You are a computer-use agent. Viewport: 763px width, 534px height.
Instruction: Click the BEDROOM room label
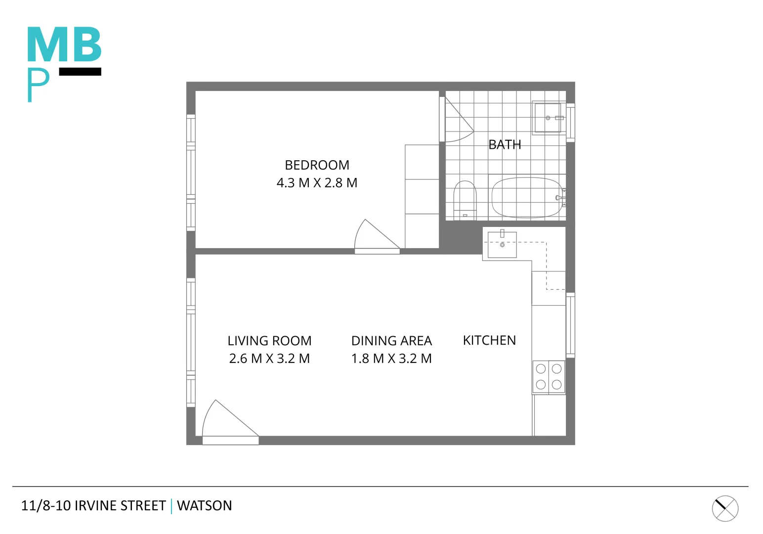[x=317, y=165]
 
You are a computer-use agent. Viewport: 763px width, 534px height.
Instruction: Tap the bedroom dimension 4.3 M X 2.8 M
[x=317, y=182]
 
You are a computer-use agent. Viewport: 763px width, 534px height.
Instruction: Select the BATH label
[x=505, y=144]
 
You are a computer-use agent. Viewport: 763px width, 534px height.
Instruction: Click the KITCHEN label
[x=489, y=340]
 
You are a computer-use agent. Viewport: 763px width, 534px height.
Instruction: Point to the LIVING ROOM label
[x=269, y=341]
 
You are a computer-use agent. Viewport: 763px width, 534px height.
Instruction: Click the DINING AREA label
[x=391, y=341]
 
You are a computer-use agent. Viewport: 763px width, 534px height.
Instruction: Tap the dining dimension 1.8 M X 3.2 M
[x=391, y=358]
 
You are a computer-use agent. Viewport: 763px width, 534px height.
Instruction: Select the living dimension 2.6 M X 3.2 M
[x=269, y=358]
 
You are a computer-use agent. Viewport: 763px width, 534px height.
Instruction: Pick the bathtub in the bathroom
[x=527, y=197]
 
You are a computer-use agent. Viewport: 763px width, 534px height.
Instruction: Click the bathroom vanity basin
[x=548, y=118]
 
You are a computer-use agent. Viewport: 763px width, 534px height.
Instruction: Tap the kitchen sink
[x=502, y=245]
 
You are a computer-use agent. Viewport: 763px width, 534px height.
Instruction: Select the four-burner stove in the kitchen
[x=549, y=377]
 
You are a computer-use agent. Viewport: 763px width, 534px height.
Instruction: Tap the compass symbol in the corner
[x=725, y=508]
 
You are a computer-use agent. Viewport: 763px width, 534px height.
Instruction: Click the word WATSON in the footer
[x=204, y=505]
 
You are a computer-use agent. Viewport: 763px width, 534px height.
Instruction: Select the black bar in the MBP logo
[x=80, y=72]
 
